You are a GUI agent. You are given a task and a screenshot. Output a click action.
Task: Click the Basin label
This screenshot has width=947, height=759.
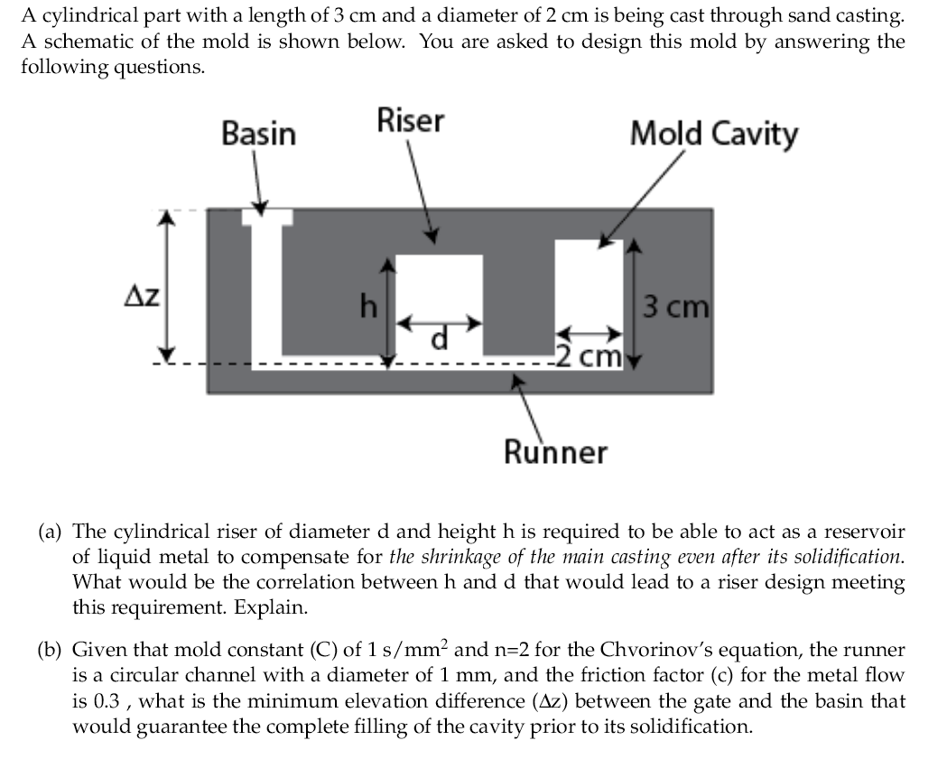click(x=258, y=134)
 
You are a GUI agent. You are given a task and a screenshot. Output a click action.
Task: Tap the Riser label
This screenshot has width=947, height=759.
click(x=410, y=120)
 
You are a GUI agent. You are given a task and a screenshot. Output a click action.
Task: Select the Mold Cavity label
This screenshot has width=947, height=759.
click(x=713, y=134)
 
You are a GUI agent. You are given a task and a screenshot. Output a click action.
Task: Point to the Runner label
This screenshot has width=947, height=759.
click(x=555, y=451)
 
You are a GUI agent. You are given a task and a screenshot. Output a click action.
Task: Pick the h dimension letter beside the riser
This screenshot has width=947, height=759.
click(x=368, y=308)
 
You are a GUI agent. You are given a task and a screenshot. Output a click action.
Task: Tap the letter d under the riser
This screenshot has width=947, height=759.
click(x=440, y=339)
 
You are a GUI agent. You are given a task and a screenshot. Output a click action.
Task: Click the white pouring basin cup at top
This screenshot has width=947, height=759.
click(x=266, y=218)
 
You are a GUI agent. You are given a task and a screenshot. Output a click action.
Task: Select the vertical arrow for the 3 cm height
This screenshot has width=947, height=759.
click(x=636, y=303)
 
